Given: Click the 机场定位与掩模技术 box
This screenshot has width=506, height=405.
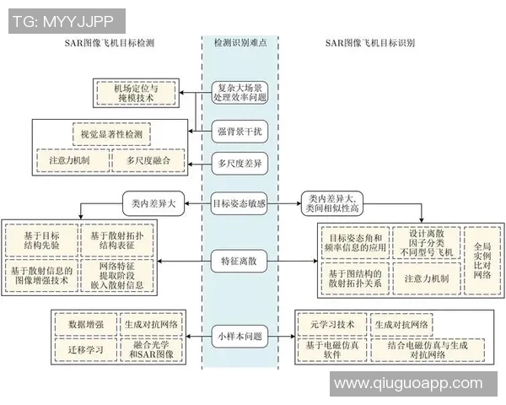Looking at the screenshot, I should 134,92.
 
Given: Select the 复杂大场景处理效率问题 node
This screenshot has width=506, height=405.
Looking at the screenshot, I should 240,91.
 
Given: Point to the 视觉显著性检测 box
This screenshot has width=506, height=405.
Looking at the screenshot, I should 110,133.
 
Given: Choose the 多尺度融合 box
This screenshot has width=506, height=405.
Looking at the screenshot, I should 148,159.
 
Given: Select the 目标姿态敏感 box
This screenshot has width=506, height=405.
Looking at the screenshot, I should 240,202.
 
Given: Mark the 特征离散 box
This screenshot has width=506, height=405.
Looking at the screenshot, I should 240,262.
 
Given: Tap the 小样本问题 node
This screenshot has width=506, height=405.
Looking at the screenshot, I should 240,335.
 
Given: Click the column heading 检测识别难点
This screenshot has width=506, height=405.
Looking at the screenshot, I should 240,42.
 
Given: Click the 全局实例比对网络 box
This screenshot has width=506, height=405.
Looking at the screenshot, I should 481,259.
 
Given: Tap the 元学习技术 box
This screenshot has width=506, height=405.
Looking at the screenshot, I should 331,324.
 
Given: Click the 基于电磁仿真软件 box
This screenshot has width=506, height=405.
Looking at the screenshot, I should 331,348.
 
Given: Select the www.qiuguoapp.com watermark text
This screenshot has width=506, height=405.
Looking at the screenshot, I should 416,384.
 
